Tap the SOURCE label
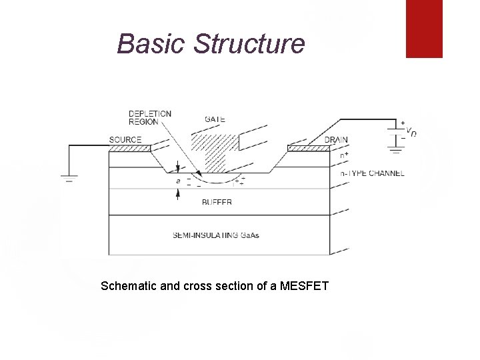(x=125, y=139)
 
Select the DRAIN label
(x=336, y=140)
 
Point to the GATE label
(x=214, y=119)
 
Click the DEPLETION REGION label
(x=149, y=117)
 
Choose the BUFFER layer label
(x=217, y=202)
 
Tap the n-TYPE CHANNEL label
(x=372, y=173)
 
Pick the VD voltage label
(x=413, y=132)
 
